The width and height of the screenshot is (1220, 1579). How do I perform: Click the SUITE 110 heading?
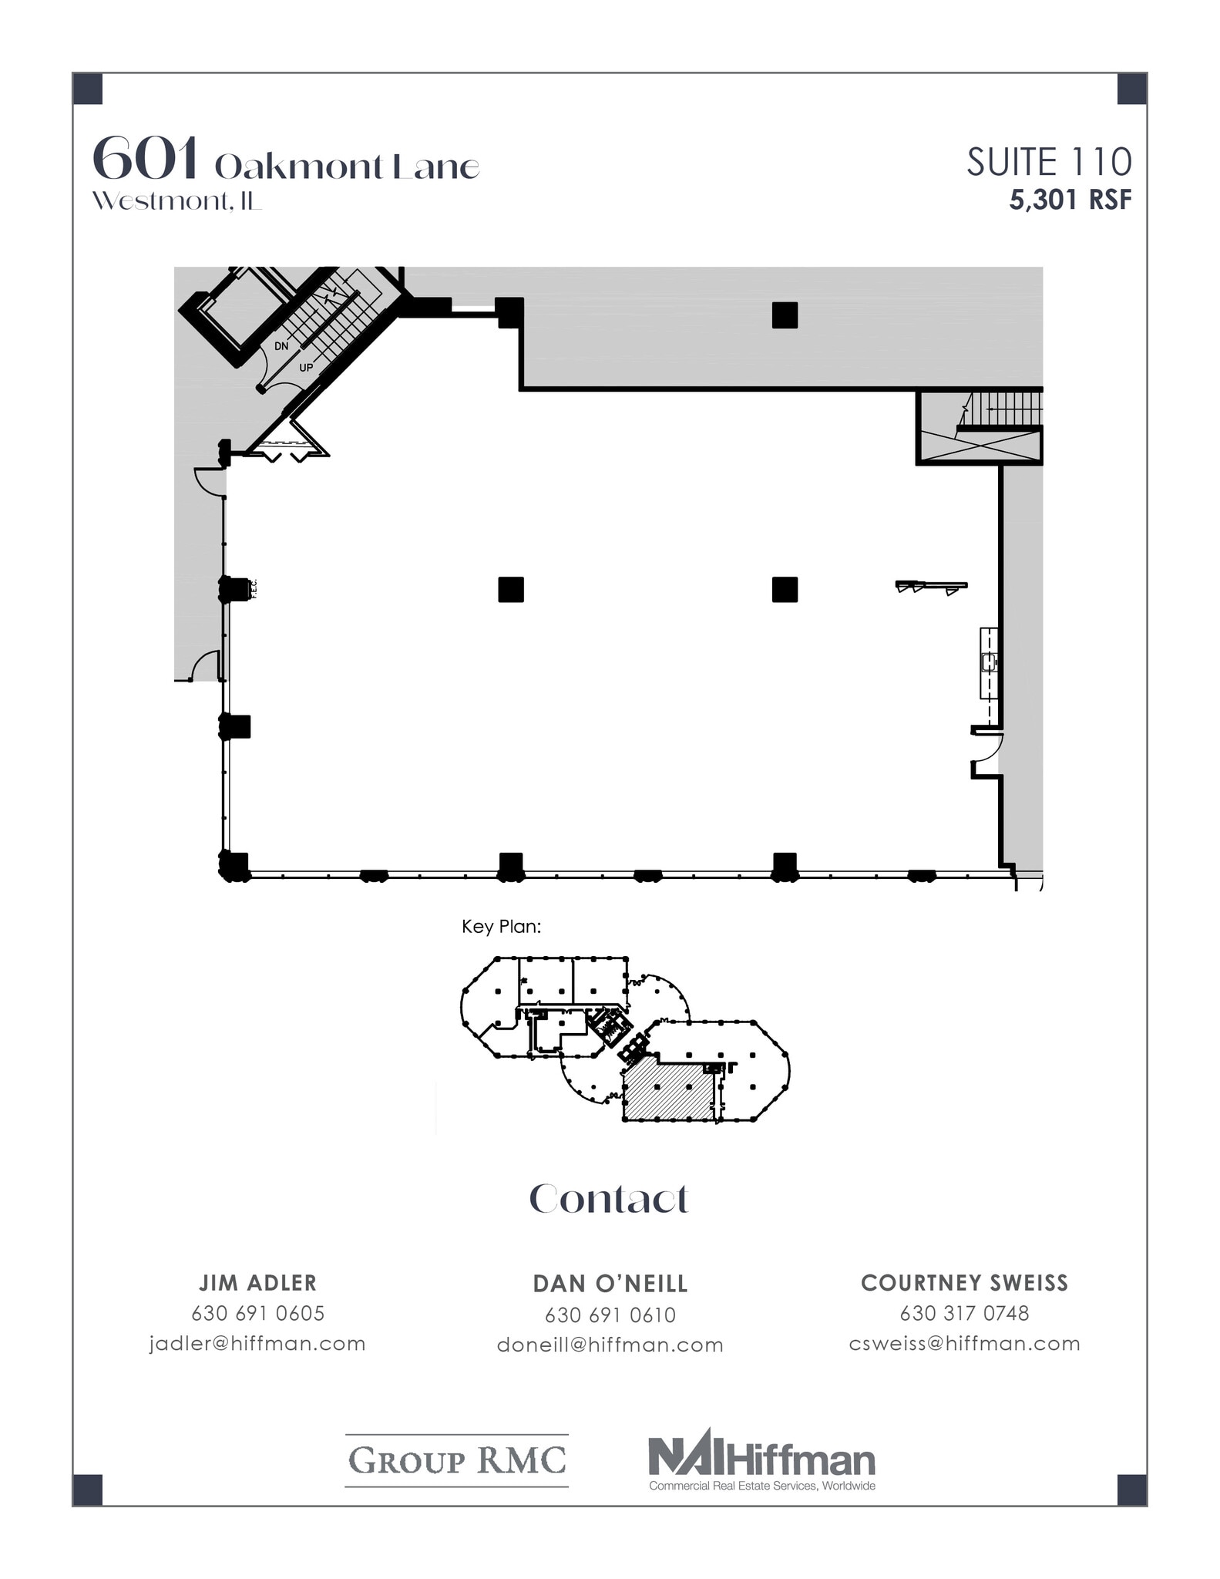coord(1049,163)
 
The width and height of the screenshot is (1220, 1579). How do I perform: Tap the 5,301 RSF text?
coord(1070,200)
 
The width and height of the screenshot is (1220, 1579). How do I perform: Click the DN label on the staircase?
coord(281,346)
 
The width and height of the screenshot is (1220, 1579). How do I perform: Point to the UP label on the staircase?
coord(306,368)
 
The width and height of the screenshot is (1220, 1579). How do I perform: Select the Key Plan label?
coord(501,926)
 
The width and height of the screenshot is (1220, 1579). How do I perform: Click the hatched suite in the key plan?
coord(667,1089)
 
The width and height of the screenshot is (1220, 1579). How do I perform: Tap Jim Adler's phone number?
coord(257,1312)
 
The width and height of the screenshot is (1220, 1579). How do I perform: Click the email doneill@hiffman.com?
coord(610,1345)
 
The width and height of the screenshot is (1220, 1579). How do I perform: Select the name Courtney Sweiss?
coord(964,1283)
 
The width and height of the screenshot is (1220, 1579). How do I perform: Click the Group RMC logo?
coord(457,1460)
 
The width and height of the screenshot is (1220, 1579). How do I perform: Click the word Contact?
coord(609,1199)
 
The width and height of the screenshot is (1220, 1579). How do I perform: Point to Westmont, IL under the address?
coord(176,201)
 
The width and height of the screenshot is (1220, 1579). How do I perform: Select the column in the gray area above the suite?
coord(785,315)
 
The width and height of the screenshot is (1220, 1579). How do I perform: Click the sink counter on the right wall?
coord(989,663)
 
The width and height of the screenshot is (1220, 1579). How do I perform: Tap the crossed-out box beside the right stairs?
coord(979,446)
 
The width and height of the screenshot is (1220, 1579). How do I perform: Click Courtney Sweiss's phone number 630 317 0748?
coord(964,1312)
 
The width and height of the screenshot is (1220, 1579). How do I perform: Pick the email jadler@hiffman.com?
coord(257,1343)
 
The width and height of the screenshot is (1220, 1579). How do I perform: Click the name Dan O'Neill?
coord(610,1284)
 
